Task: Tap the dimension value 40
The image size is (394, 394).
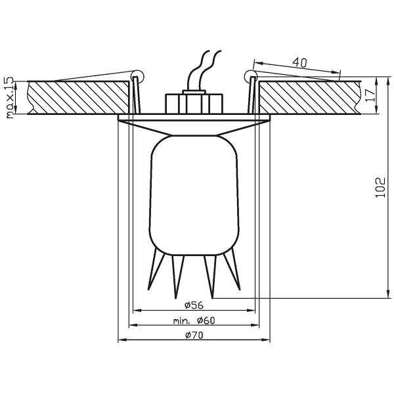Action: tap(299, 64)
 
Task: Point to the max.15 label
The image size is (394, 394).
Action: tap(9, 98)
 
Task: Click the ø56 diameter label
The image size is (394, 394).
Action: tap(193, 305)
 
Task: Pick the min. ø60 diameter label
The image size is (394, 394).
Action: tap(194, 320)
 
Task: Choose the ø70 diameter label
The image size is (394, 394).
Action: tap(193, 336)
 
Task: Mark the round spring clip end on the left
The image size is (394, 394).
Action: tap(137, 75)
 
